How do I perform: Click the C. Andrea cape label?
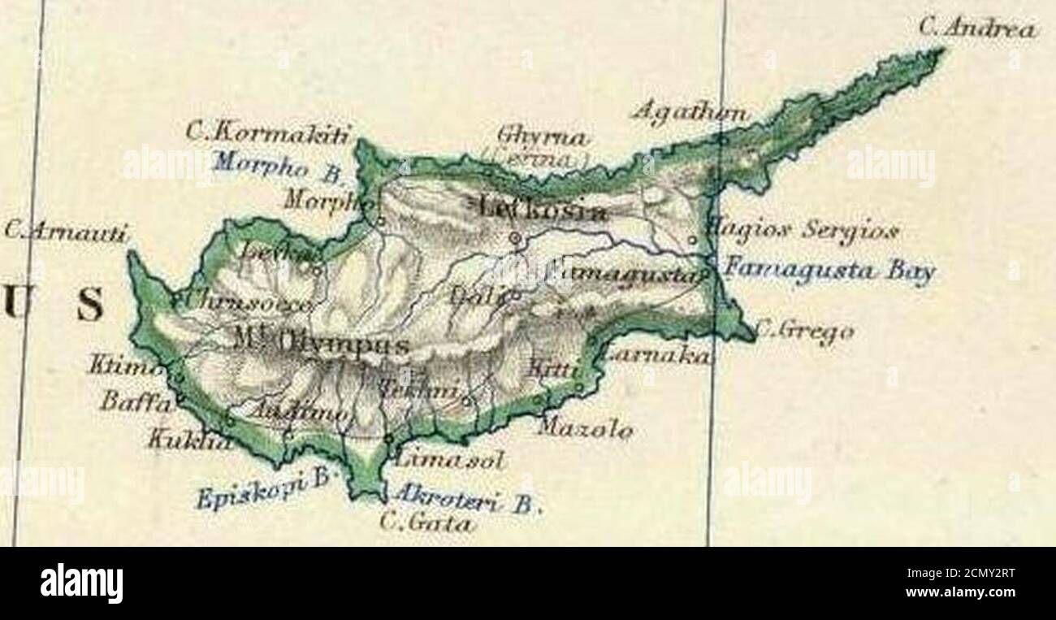coord(977,29)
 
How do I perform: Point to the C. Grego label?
coord(804,332)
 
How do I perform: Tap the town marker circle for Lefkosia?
coord(514,237)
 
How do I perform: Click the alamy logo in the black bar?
coord(81,583)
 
